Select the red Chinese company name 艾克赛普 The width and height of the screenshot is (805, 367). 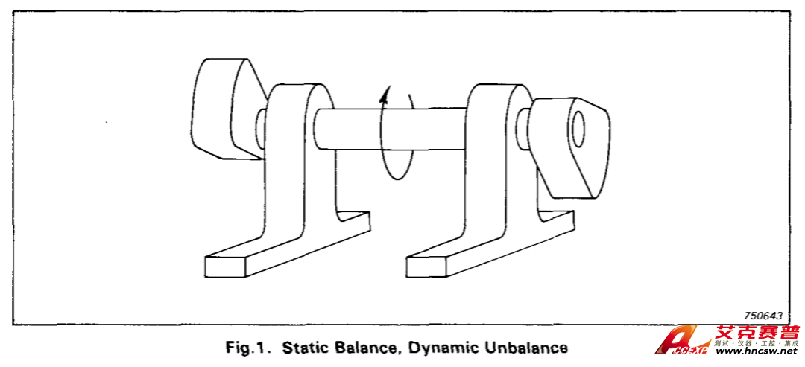tap(756, 334)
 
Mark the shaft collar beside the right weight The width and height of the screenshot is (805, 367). tap(525, 123)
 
